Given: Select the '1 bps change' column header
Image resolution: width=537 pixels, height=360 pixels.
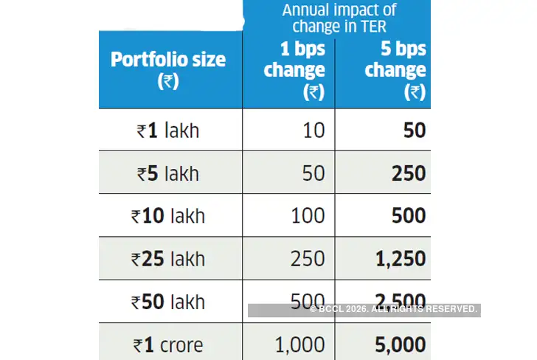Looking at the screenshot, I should pyautogui.click(x=294, y=70).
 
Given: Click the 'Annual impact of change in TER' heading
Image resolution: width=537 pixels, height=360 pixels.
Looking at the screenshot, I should pyautogui.click(x=339, y=18).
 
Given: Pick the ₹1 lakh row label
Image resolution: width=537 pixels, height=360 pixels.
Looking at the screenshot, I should pyautogui.click(x=168, y=131).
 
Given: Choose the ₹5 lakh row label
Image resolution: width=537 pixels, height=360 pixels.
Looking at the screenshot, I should pyautogui.click(x=168, y=173).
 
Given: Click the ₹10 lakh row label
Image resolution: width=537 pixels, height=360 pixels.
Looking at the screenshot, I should pyautogui.click(x=168, y=216).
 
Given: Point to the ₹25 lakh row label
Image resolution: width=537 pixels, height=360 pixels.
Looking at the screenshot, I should pyautogui.click(x=168, y=259).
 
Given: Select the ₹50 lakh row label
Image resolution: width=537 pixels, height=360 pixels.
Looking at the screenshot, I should pyautogui.click(x=168, y=302).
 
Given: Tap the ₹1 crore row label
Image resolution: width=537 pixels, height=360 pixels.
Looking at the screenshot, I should pyautogui.click(x=168, y=345).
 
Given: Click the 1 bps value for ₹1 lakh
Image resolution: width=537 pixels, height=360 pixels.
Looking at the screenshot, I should pyautogui.click(x=313, y=131).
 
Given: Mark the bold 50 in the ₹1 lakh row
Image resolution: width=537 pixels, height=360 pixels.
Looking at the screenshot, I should pyautogui.click(x=414, y=131).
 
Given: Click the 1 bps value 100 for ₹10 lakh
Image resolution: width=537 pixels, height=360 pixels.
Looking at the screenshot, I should pyautogui.click(x=307, y=216).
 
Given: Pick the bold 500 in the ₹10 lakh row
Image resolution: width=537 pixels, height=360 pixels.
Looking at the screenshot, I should pyautogui.click(x=408, y=216).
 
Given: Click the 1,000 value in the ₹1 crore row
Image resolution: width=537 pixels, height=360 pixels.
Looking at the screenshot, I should pyautogui.click(x=299, y=345).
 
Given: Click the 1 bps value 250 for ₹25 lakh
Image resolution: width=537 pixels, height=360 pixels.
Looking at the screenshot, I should pyautogui.click(x=307, y=259).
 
